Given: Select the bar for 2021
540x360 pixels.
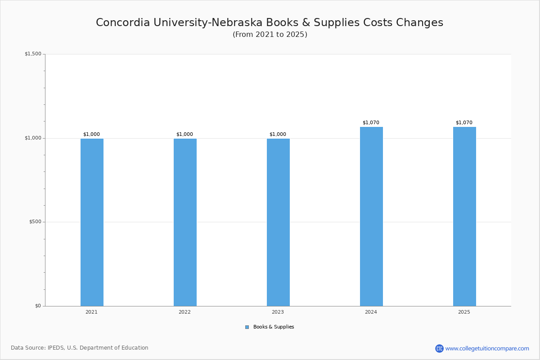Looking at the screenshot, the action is click(92, 222).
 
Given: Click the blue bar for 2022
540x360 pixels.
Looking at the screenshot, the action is click(185, 222).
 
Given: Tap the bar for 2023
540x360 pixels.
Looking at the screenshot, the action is click(278, 222).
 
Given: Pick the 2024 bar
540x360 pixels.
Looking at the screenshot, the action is click(372, 216).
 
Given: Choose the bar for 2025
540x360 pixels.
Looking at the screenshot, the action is click(464, 216).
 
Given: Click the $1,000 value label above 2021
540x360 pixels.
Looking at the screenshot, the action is click(92, 134).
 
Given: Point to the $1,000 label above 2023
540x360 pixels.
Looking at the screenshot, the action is click(278, 134).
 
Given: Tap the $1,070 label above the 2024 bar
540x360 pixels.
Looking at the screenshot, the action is click(371, 122).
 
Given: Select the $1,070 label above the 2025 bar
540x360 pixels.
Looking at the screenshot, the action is click(464, 122).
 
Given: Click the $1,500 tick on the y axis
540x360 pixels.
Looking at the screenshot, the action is click(33, 54).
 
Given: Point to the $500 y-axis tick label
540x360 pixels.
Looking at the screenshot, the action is click(35, 222).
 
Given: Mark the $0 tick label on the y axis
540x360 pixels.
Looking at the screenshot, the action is click(38, 306).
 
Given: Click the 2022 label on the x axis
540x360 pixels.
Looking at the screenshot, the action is click(184, 312).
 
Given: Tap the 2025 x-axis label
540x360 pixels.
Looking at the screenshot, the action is click(464, 312).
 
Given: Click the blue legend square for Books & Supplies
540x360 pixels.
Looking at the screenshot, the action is click(247, 327).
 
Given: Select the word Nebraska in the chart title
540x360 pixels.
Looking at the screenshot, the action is click(237, 22).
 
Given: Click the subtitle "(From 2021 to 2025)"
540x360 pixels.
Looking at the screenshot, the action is click(270, 35).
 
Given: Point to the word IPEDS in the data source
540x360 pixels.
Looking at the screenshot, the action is click(56, 348).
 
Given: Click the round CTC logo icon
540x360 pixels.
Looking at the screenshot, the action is click(439, 348).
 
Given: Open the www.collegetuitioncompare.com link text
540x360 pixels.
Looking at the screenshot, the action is click(487, 349).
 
